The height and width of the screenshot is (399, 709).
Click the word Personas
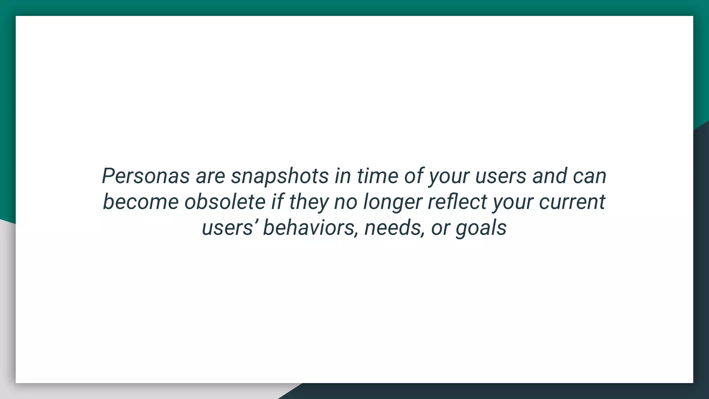[x=146, y=176]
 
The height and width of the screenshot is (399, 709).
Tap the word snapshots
[x=280, y=176]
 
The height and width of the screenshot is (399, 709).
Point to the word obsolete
[x=225, y=202]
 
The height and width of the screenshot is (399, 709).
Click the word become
[x=141, y=202]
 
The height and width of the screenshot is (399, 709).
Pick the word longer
[x=393, y=202]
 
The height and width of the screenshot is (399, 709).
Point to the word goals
[x=481, y=228]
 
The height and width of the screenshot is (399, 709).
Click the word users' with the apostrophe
[x=229, y=228]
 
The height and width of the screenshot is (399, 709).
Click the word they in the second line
[x=308, y=202]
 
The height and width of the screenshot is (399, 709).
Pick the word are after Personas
[x=210, y=176]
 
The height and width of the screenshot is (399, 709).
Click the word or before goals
[x=440, y=228]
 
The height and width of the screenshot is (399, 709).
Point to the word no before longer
[x=345, y=202]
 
